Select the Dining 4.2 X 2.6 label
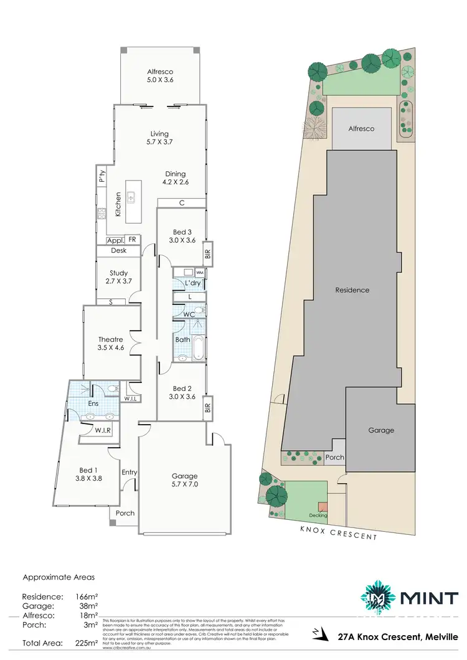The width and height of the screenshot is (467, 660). pyautogui.click(x=176, y=178)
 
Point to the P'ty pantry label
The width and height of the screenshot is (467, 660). pyautogui.click(x=101, y=177)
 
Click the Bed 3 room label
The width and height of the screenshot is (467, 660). pyautogui.click(x=182, y=237)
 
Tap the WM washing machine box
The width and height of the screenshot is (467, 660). pyautogui.click(x=200, y=273)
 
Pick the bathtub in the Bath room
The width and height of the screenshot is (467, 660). pyautogui.click(x=198, y=349)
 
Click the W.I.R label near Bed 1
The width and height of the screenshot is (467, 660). pyautogui.click(x=103, y=430)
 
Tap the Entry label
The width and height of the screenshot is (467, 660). pyautogui.click(x=130, y=472)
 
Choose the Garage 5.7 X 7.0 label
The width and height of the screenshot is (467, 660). pyautogui.click(x=184, y=480)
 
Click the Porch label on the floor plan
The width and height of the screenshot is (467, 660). pyautogui.click(x=125, y=513)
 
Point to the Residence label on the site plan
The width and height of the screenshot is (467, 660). pyautogui.click(x=352, y=290)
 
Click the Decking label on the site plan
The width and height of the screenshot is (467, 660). pyautogui.click(x=318, y=516)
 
